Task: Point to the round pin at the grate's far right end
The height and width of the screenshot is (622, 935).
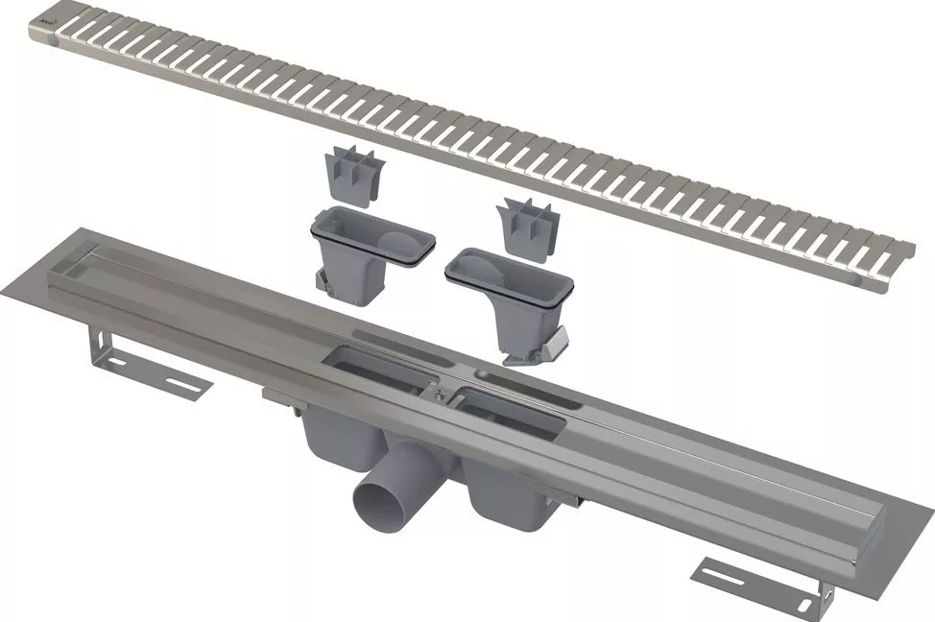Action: pos(857,276)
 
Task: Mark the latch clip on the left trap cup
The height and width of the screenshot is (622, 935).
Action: pos(324,286)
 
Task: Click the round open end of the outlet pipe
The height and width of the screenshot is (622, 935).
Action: pos(379,500)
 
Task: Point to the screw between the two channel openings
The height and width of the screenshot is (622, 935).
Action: pos(439,394)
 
